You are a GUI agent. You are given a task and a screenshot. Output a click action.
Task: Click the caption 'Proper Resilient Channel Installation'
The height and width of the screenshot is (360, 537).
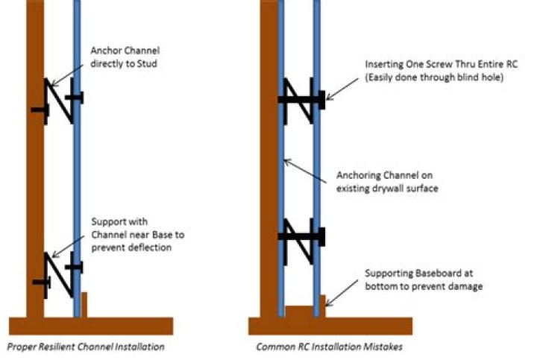pos(85,347)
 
